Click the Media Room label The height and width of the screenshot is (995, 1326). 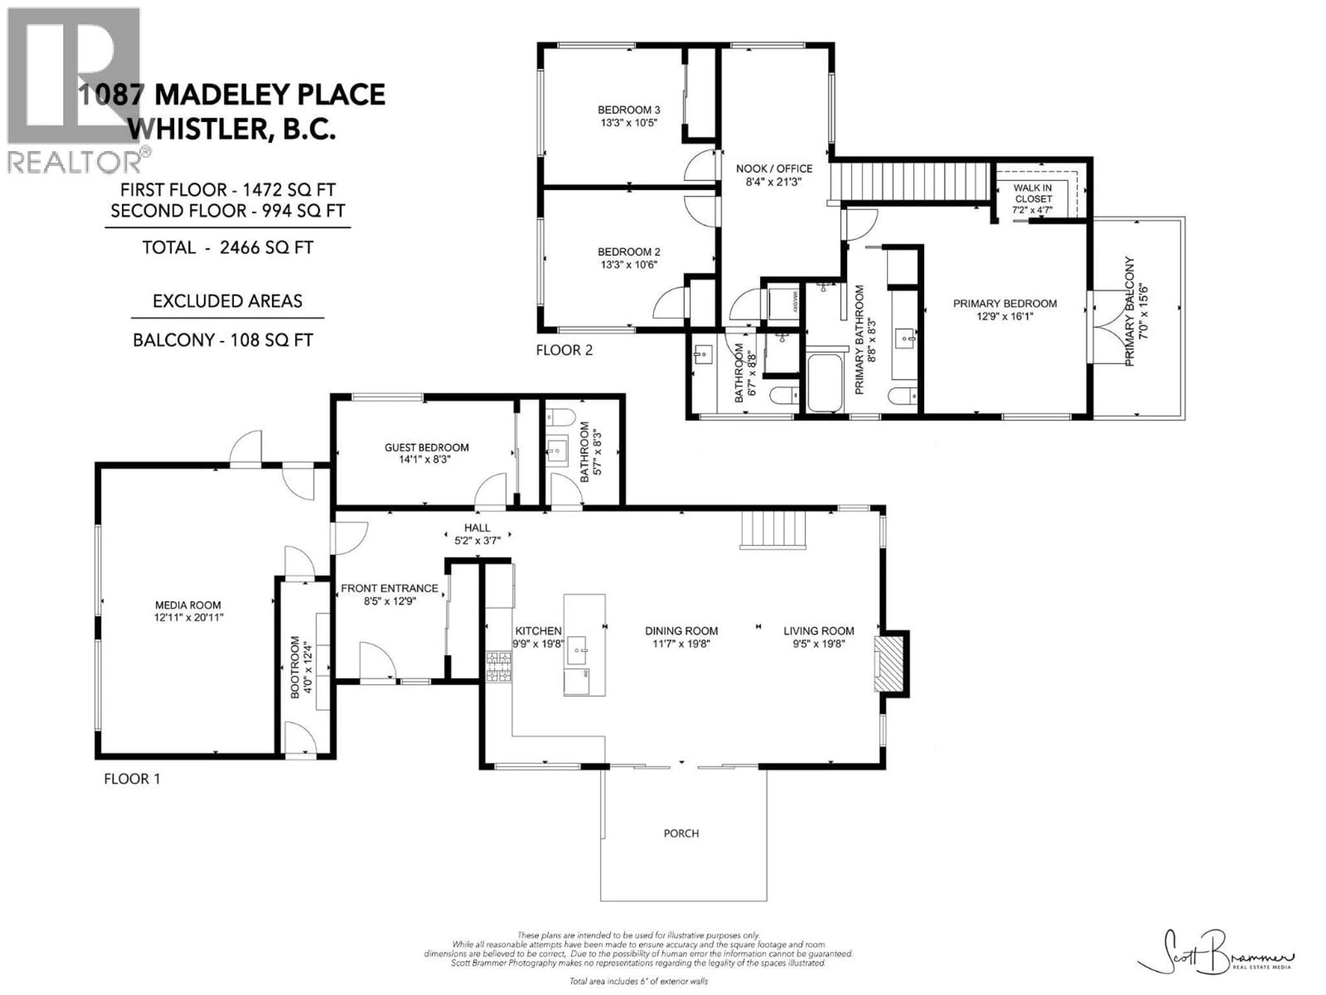[188, 605]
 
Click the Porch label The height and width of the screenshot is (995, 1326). [681, 833]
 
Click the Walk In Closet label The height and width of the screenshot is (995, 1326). [1032, 193]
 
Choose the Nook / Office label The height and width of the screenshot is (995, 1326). [774, 169]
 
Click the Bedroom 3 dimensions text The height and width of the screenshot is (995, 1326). [629, 122]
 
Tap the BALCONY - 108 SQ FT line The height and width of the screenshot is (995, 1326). [222, 340]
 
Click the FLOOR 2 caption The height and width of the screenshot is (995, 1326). [564, 350]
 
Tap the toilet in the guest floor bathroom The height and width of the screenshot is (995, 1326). [560, 416]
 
